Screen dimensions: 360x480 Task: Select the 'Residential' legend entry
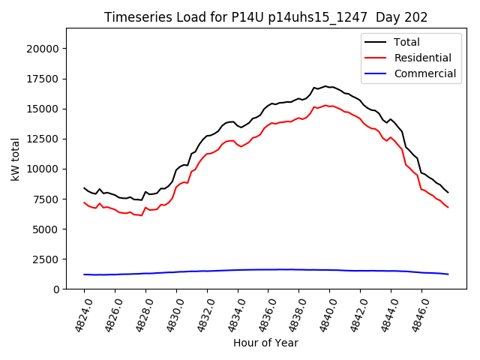click(x=422, y=58)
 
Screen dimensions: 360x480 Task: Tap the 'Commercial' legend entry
click(x=424, y=73)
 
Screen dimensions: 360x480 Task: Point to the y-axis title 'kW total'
click(x=15, y=158)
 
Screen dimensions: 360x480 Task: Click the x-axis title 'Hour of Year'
click(x=265, y=343)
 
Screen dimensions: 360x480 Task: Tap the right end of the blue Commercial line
click(x=448, y=274)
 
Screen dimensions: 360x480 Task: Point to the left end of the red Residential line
click(x=84, y=202)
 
